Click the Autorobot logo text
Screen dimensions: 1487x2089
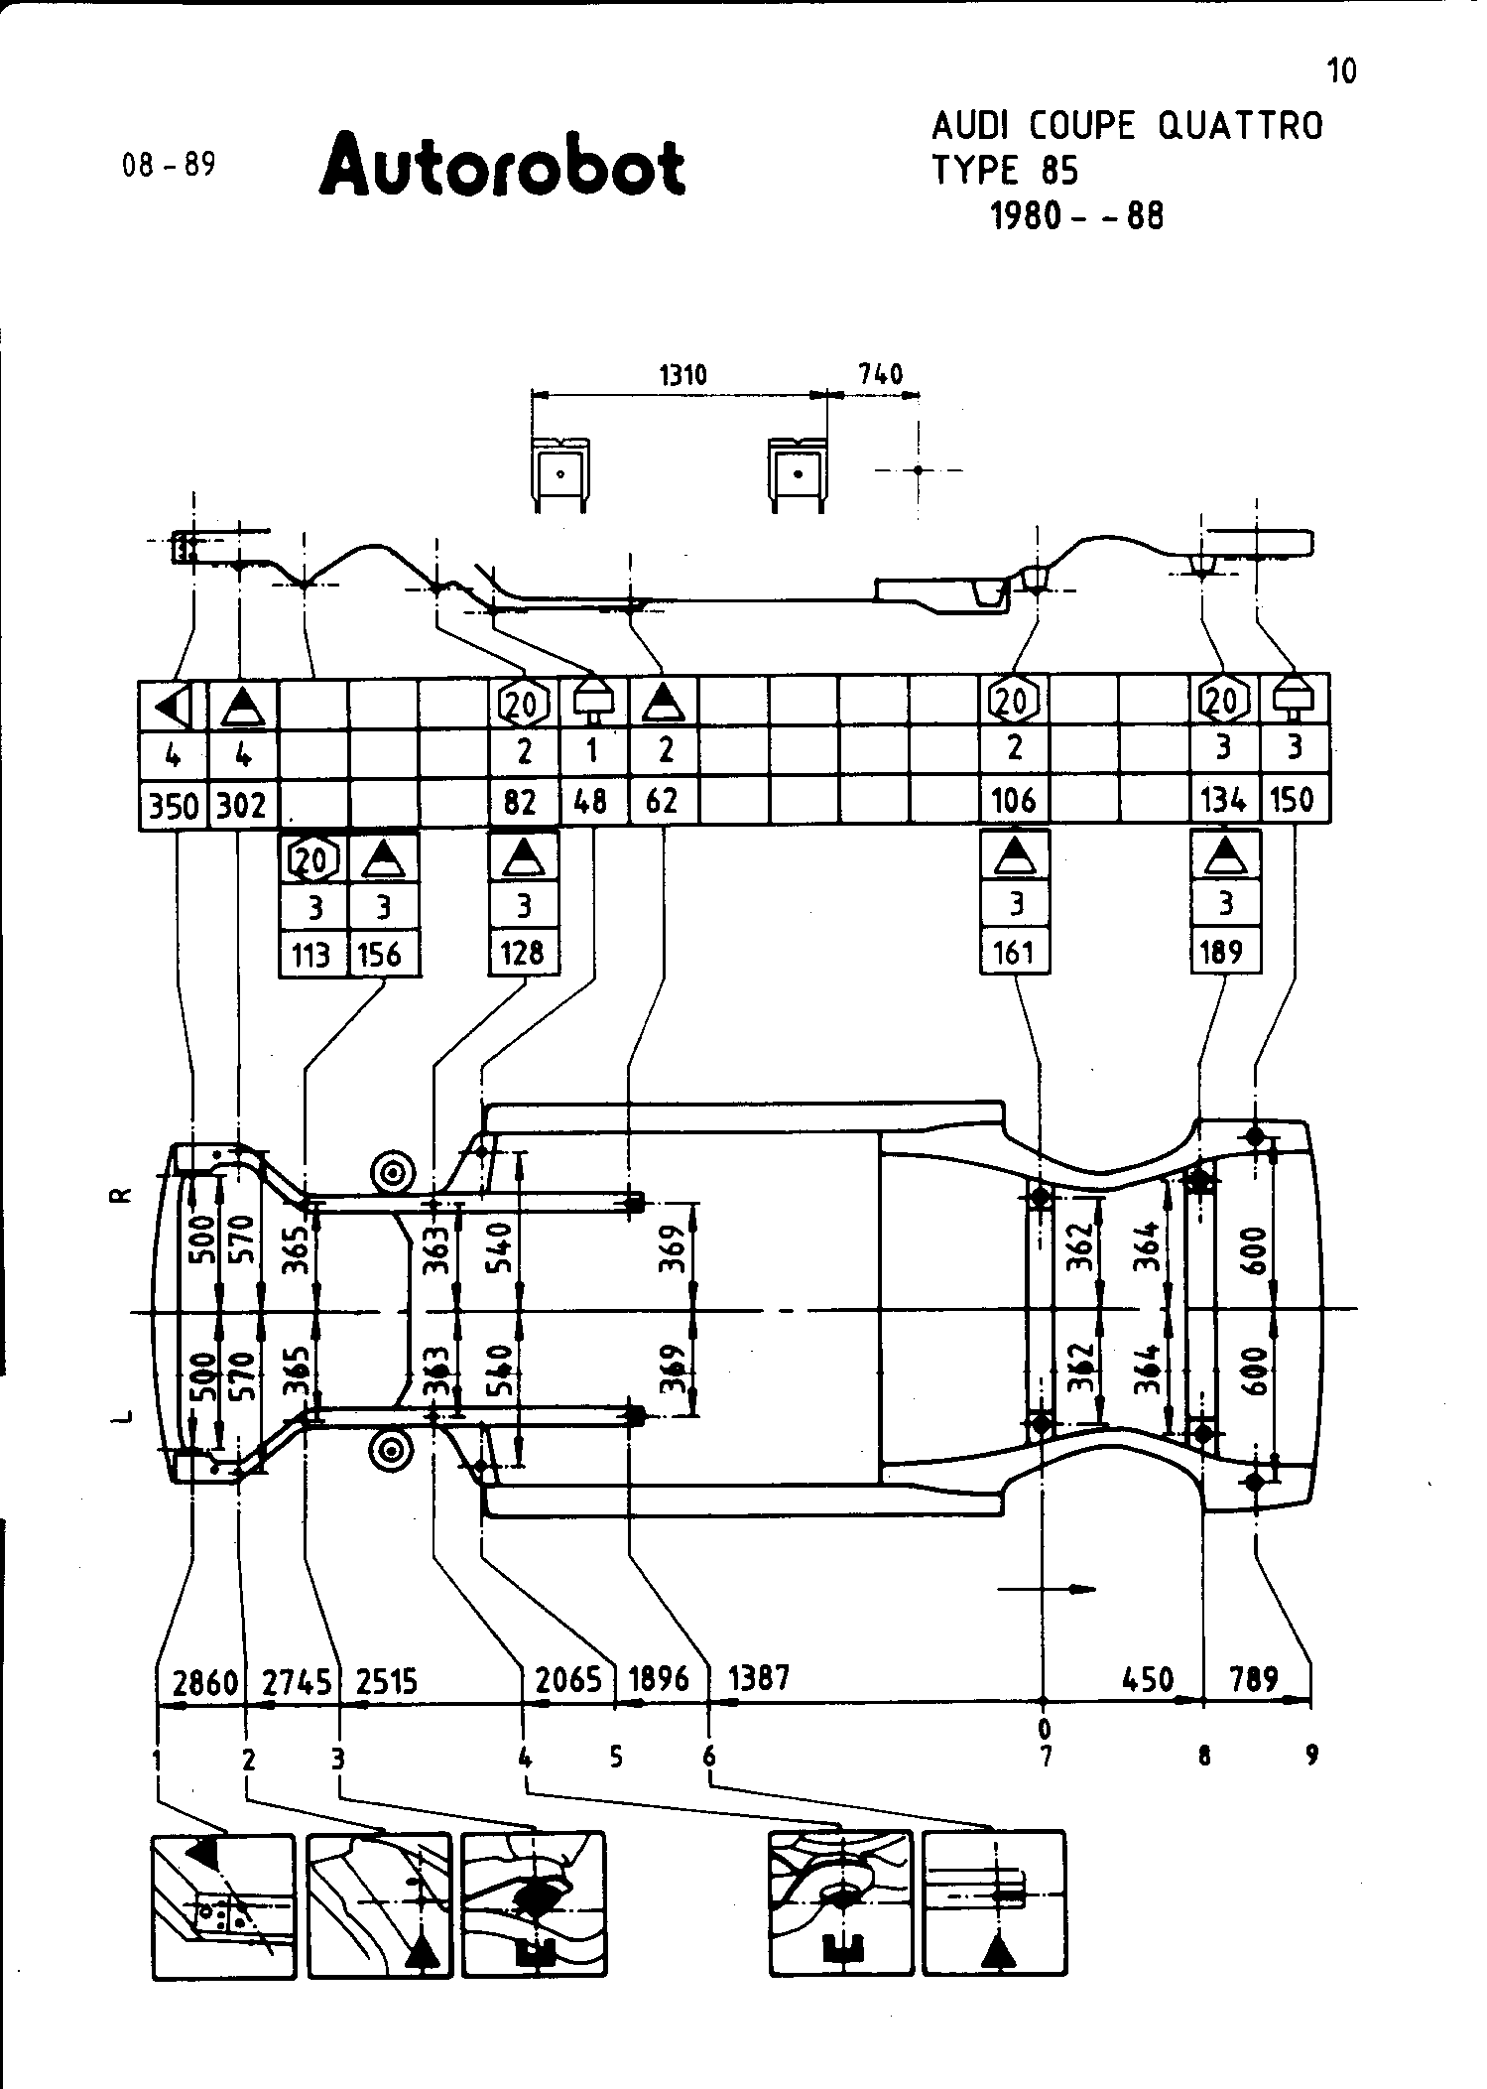click(x=502, y=165)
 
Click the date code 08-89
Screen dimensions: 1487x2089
click(x=169, y=165)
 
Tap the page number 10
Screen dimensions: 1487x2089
click(x=1341, y=71)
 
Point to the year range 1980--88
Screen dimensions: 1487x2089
click(x=1077, y=215)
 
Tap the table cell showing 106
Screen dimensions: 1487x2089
click(x=1014, y=800)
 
